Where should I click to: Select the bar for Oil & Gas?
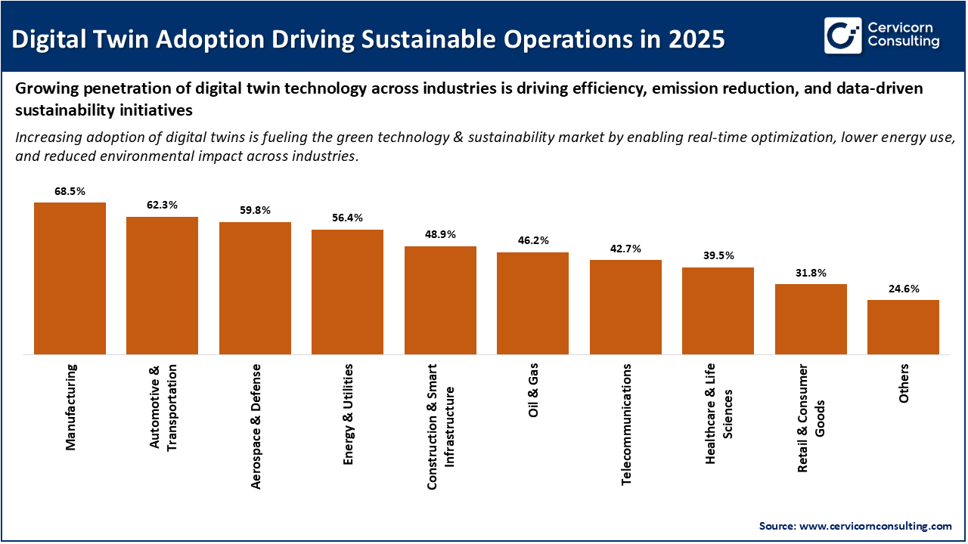[x=532, y=303]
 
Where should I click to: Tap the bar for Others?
[x=903, y=327]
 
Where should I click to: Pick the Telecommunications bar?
[x=625, y=307]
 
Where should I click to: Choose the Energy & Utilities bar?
[x=347, y=292]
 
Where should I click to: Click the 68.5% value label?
[x=70, y=191]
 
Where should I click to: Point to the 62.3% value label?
[x=162, y=205]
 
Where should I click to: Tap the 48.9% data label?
[x=440, y=234]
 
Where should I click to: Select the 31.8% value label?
[x=811, y=273]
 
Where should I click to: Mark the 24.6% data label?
[x=903, y=289]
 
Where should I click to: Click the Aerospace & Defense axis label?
[x=256, y=425]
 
